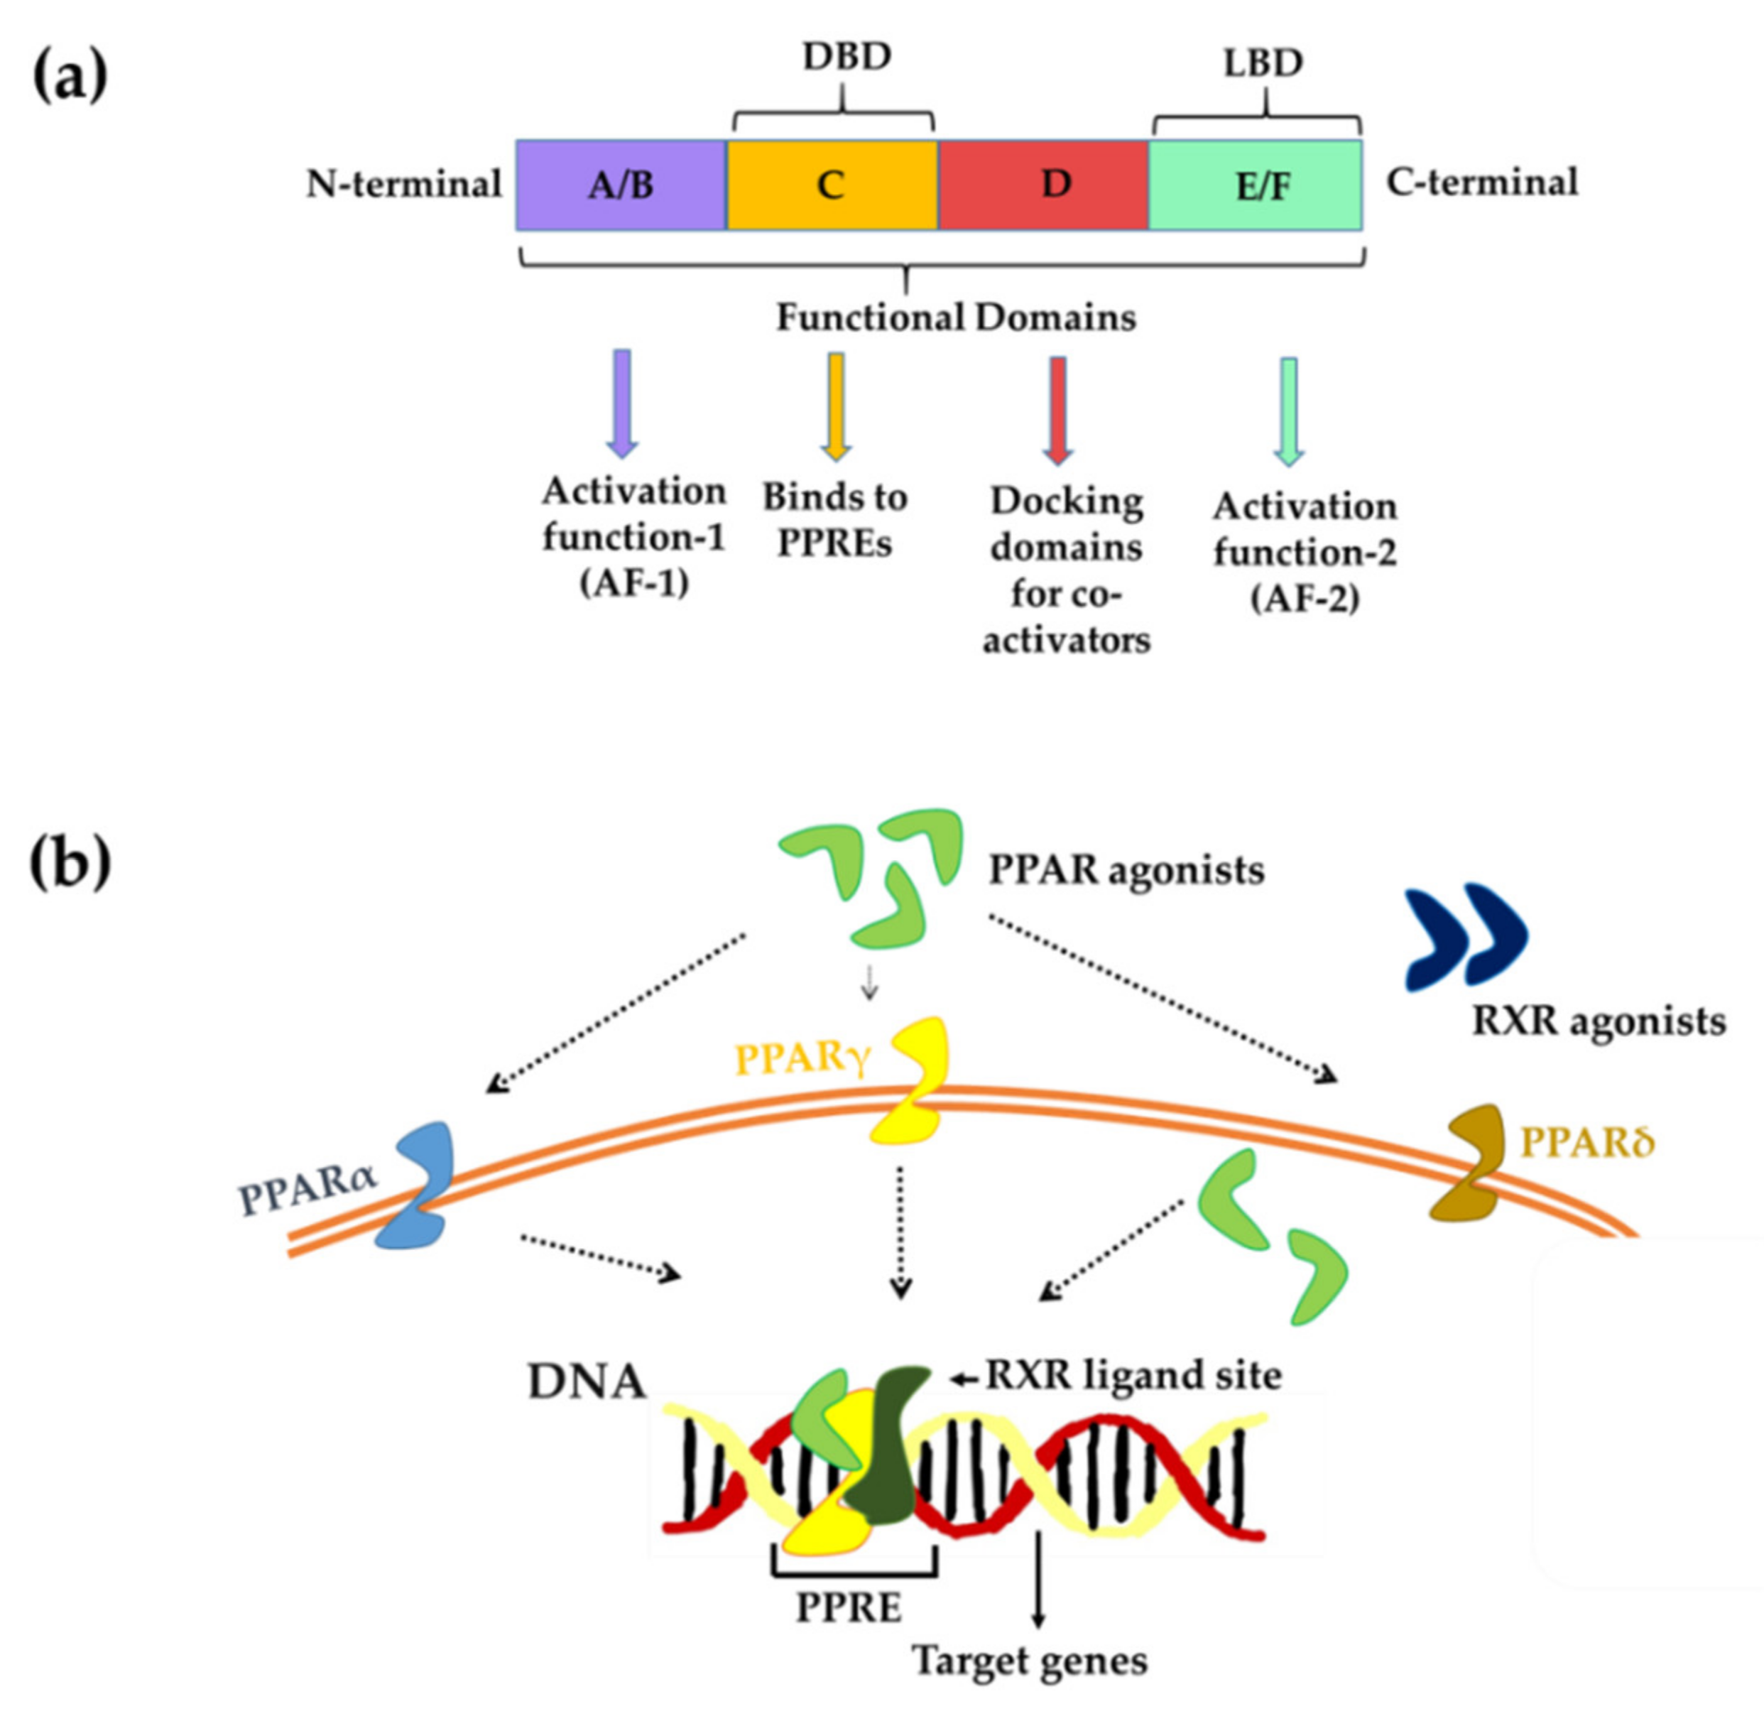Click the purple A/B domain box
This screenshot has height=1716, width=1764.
point(621,185)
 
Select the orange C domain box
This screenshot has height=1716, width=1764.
point(832,185)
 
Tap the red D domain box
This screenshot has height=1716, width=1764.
point(1043,185)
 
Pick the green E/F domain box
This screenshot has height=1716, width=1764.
point(1255,185)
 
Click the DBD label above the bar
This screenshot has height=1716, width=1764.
point(846,57)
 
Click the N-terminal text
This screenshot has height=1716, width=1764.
point(403,184)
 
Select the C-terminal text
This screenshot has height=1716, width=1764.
point(1481,183)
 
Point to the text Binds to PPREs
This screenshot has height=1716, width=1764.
point(834,520)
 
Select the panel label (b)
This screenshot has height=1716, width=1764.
point(70,860)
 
